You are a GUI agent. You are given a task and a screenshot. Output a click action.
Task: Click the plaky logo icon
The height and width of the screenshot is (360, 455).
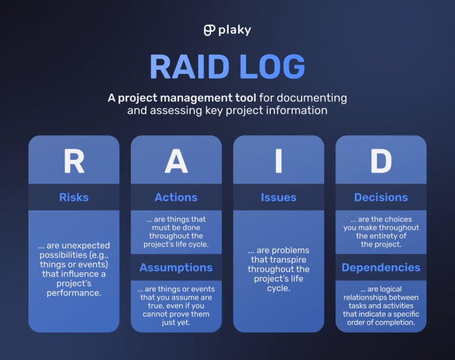pos(209,30)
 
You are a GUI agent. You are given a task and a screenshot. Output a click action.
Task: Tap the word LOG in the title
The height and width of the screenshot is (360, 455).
pos(274,67)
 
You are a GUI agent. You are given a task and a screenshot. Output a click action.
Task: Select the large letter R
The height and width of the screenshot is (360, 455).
pos(74,161)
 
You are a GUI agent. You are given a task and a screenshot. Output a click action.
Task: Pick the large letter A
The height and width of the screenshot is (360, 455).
pos(176,161)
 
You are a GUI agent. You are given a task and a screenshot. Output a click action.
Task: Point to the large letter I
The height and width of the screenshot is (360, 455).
pos(278,161)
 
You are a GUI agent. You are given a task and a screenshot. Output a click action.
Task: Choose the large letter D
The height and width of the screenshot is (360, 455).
pos(381,161)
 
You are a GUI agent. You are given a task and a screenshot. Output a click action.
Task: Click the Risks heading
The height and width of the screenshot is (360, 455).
pos(74,197)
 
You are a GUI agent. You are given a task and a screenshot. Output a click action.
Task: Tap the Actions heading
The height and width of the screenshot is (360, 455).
pos(176,197)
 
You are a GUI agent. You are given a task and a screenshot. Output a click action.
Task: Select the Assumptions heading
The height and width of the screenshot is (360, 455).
pos(176,268)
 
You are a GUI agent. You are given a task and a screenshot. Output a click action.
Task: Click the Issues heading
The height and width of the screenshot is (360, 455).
pos(278,197)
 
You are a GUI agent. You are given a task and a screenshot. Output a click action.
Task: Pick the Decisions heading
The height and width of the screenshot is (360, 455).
pos(381,197)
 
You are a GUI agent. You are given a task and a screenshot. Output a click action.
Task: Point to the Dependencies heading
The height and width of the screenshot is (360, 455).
pos(381,268)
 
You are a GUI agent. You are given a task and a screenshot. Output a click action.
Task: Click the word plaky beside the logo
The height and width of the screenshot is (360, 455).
pos(235,30)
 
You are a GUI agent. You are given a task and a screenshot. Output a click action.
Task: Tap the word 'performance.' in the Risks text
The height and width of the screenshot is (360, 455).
pos(74,292)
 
